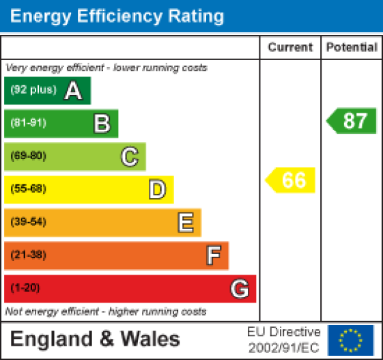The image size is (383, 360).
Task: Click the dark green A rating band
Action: (x=47, y=91)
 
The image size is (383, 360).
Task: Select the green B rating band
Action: (x=61, y=124)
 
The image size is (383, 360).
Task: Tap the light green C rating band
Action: (x=74, y=156)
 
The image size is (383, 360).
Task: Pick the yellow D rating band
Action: (x=89, y=189)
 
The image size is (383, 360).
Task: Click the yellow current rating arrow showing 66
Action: (x=291, y=180)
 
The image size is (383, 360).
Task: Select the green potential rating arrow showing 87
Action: (x=352, y=121)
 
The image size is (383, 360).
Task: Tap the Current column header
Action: (x=290, y=48)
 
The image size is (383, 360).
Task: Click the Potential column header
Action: (x=352, y=48)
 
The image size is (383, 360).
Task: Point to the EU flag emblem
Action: (x=351, y=340)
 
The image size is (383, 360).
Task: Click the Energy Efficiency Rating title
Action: (x=117, y=16)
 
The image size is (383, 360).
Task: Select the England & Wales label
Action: (x=96, y=339)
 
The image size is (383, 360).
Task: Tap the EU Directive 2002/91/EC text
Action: (x=283, y=340)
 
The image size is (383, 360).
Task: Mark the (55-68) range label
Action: (x=28, y=189)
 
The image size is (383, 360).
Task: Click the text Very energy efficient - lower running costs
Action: (x=107, y=68)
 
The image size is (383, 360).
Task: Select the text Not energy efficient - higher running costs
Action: (x=106, y=311)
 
